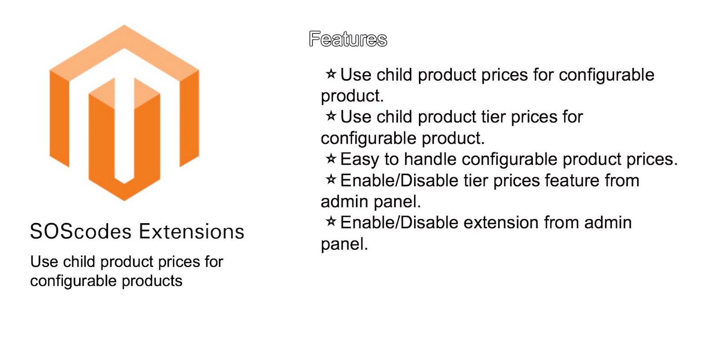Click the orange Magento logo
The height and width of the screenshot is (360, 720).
124,112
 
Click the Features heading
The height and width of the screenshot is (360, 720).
348,39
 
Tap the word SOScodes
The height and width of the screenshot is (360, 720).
81,231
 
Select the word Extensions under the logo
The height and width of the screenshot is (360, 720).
192,231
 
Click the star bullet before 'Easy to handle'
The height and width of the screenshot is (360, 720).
331,158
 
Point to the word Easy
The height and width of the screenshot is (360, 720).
360,160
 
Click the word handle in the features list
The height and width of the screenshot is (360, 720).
430,159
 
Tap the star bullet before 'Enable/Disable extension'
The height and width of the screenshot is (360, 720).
331,221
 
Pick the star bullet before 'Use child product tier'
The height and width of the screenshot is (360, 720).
331,116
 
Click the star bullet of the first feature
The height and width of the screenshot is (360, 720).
331,74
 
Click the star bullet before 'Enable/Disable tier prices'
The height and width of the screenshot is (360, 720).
331,180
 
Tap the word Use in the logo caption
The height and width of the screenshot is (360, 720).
45,262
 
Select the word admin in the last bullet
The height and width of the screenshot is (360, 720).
608,223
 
